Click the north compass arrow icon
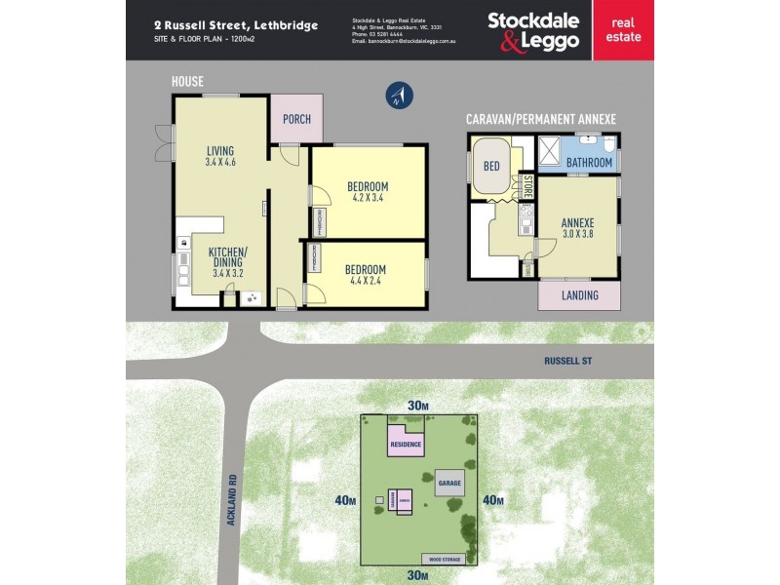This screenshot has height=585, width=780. coord(400,95)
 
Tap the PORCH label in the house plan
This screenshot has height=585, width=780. coord(296,120)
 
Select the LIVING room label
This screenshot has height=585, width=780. coord(220,150)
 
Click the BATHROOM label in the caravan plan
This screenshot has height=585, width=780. coord(589,162)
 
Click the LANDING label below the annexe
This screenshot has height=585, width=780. coord(581,295)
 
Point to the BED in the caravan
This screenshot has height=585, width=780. coord(491,166)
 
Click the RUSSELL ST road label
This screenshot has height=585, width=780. coord(568,361)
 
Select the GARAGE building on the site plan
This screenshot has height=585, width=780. coord(448,484)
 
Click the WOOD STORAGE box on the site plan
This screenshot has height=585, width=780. coord(443,559)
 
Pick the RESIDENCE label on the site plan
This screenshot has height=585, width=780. coord(406,446)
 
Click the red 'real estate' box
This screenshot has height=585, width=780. coord(623,30)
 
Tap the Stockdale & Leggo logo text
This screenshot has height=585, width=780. coord(532,30)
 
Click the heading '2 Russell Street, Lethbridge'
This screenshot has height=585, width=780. coord(235,25)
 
